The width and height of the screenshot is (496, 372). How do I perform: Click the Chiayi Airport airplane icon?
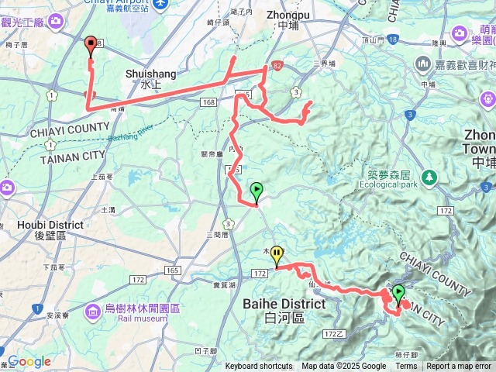click(x=160, y=4)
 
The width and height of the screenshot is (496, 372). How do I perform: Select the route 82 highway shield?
click(x=277, y=67)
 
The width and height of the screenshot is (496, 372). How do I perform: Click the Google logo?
click(x=29, y=361)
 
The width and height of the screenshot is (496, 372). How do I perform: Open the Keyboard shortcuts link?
click(x=259, y=367)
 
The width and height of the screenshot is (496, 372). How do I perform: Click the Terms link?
click(x=406, y=367)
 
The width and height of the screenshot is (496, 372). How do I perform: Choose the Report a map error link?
click(x=460, y=367)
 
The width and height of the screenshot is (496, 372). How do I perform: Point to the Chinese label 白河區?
click(x=284, y=317)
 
